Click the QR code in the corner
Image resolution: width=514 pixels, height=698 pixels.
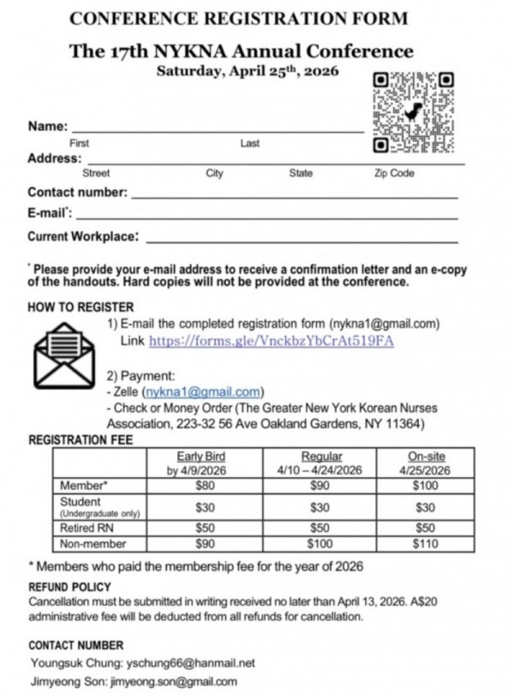[x=414, y=112]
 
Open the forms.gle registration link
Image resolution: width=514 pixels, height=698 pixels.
[x=272, y=341]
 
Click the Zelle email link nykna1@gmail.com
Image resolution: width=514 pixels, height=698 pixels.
[x=201, y=391]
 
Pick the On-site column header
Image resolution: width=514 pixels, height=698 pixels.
[x=426, y=463]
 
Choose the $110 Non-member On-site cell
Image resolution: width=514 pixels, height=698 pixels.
[x=426, y=544]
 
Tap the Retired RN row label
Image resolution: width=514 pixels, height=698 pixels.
[x=88, y=528]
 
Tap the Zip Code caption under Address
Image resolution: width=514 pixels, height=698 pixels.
[x=394, y=173]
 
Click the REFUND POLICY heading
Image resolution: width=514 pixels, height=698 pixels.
[x=69, y=588]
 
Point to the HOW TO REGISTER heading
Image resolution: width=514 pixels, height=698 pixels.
[x=81, y=307]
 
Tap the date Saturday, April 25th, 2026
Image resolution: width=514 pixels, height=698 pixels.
[x=247, y=72]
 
